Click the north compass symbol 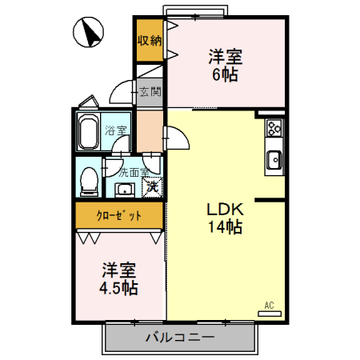[90, 34]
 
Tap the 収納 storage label [149, 41]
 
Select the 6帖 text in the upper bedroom [226, 74]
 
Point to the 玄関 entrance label [150, 91]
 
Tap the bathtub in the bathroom [88, 133]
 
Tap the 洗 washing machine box [151, 189]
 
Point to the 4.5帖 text [118, 287]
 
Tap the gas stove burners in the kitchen [274, 129]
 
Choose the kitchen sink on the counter [274, 160]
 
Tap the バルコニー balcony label [180, 338]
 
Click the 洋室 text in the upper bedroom [226, 58]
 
